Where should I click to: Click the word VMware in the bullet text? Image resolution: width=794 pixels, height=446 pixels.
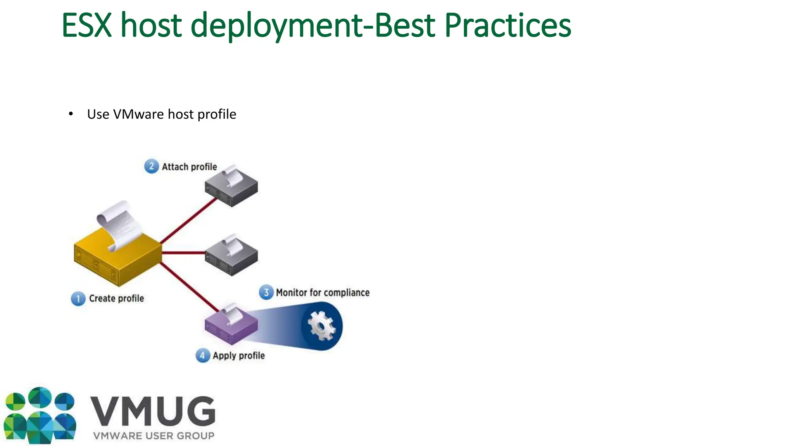138,114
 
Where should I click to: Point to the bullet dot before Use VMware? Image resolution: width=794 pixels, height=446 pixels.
71,114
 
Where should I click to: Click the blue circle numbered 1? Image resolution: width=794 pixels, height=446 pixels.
78,298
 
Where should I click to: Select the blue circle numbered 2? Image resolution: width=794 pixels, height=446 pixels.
151,166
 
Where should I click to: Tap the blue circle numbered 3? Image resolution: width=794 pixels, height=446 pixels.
266,292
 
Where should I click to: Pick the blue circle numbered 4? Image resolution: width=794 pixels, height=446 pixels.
202,355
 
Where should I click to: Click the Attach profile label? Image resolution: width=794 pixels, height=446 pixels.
189,167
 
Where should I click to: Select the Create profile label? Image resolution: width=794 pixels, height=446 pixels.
116,298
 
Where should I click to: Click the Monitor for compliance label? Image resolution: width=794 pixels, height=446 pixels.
323,293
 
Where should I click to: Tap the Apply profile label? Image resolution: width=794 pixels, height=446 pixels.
238,356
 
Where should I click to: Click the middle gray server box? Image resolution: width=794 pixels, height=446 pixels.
231,257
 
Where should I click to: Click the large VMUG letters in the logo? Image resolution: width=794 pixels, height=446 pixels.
153,411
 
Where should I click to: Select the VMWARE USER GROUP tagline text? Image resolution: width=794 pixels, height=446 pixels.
154,436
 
